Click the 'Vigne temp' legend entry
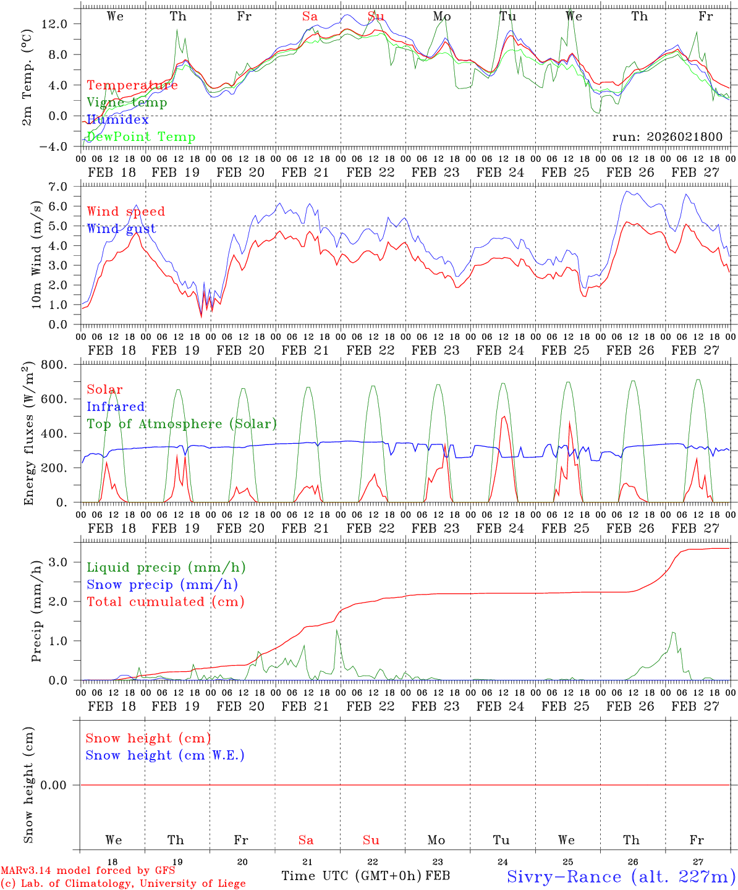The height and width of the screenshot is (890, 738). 127,103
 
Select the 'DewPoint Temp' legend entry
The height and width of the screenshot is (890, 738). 141,137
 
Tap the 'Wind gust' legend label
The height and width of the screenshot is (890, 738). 121,229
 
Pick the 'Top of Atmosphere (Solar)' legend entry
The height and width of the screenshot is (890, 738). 182,424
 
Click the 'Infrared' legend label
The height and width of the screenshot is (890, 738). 116,407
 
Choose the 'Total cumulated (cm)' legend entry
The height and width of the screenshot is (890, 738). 166,601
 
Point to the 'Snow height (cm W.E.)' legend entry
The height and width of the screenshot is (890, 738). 165,755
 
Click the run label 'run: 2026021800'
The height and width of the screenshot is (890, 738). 667,137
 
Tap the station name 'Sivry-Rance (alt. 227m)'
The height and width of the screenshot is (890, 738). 621,876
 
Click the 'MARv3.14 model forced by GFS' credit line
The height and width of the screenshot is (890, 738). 88,871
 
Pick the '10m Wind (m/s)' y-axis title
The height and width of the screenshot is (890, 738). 36,255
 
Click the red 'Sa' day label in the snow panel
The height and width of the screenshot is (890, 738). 306,840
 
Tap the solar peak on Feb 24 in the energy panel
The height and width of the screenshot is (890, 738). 504,417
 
